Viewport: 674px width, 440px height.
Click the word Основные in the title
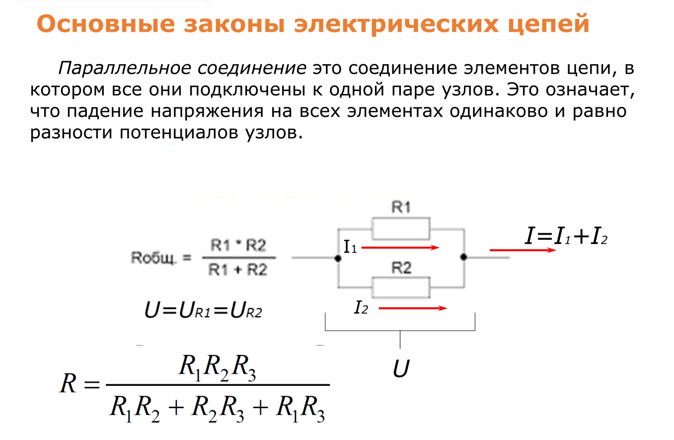point(106,23)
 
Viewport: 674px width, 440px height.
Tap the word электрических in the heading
point(396,24)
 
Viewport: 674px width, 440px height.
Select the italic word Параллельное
point(125,68)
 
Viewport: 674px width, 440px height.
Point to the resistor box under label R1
point(401,229)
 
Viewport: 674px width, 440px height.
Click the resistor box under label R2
point(401,287)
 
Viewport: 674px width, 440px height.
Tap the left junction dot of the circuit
point(338,258)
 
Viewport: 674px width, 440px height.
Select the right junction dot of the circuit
point(464,257)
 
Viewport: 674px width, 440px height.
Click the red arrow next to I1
point(400,248)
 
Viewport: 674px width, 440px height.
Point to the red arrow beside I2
point(413,308)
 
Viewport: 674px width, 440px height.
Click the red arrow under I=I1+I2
point(523,250)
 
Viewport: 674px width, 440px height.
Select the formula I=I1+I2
point(566,236)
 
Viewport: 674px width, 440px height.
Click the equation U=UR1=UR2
point(204,310)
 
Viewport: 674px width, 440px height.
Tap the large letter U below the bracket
point(401,368)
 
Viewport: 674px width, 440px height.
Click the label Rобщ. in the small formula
point(153,258)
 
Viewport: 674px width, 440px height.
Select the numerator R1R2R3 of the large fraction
point(217,368)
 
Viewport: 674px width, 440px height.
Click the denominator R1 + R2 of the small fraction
point(238,269)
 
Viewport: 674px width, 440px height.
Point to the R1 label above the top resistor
point(401,207)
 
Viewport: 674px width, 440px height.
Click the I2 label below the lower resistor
point(361,308)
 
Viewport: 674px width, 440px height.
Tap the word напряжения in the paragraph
point(207,112)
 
